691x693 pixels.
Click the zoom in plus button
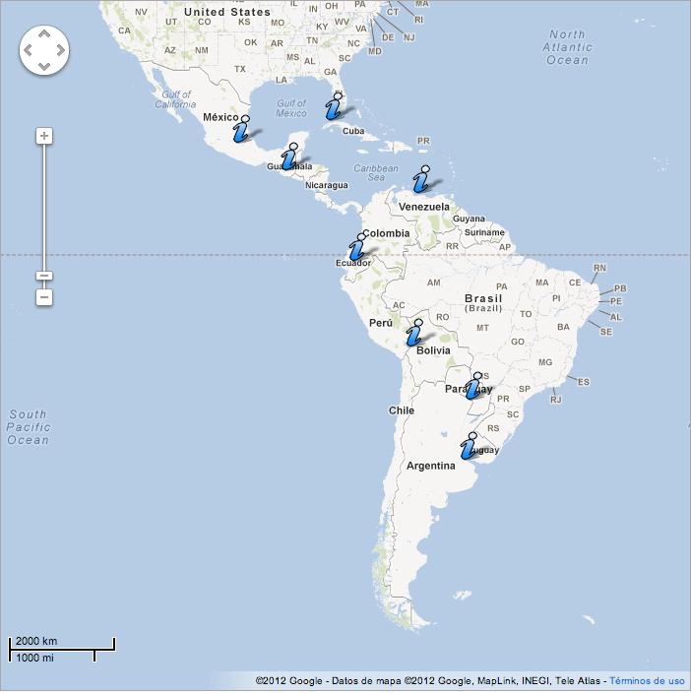pos(44,136)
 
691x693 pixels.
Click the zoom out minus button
pos(44,296)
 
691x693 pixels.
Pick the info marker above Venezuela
pos(421,179)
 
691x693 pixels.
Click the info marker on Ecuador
pos(356,247)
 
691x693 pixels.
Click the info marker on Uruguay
pos(470,447)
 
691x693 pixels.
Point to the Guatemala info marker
pos(289,157)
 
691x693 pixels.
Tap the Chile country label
pos(401,410)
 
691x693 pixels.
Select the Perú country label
pos(380,322)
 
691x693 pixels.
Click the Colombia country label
pos(385,233)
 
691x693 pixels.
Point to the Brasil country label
pos(483,298)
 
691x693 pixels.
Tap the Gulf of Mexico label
pos(291,108)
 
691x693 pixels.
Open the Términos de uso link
pos(647,680)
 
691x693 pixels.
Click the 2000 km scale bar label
pos(36,641)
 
